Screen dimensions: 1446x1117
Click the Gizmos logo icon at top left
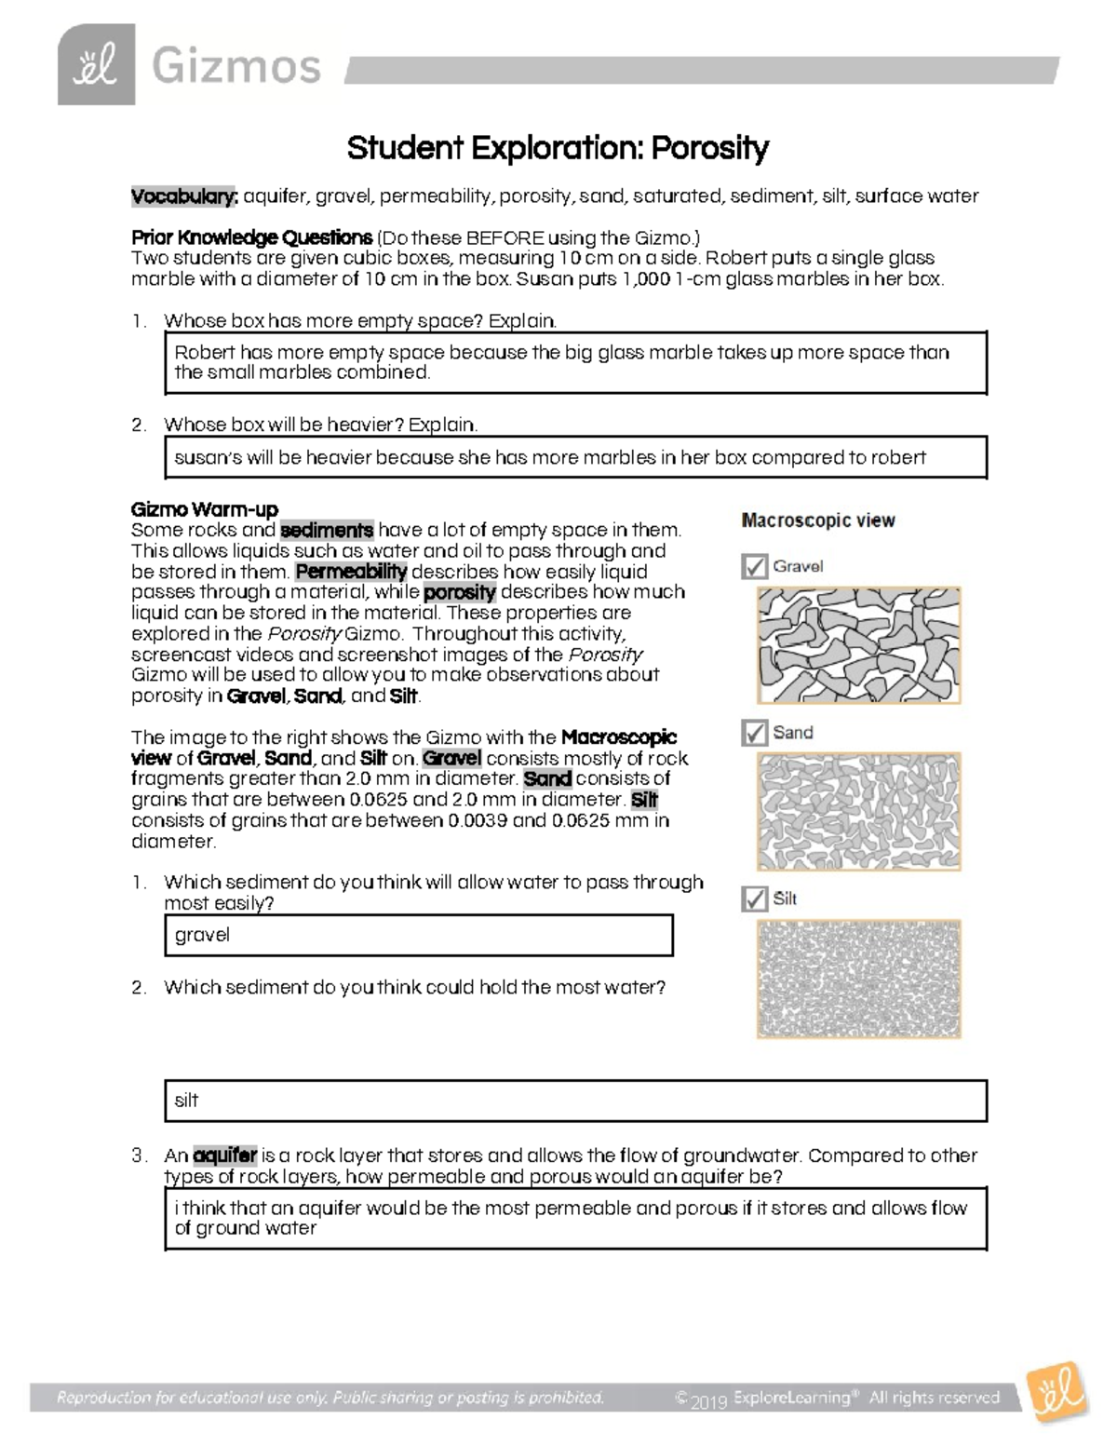click(96, 65)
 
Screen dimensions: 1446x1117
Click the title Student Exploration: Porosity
click(558, 147)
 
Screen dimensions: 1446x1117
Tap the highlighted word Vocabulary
click(184, 196)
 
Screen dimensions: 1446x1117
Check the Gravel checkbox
click(754, 566)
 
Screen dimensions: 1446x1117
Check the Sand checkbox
click(754, 733)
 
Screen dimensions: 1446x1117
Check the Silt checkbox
click(754, 899)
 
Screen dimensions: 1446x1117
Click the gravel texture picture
click(858, 644)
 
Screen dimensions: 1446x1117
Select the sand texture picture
click(858, 811)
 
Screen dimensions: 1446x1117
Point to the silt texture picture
click(858, 978)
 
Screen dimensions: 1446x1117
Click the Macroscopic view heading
click(818, 520)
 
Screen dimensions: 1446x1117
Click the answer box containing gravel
click(418, 935)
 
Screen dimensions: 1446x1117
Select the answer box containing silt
click(575, 1101)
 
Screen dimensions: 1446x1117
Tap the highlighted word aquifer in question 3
click(225, 1155)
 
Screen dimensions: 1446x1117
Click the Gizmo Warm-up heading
click(205, 509)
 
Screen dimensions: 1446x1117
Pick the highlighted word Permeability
click(351, 572)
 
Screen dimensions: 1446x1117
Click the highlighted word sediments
click(327, 531)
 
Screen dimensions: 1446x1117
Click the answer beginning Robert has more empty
click(575, 362)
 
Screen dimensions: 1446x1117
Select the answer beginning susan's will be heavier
click(575, 457)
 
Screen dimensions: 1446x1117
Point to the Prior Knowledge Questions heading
click(251, 236)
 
